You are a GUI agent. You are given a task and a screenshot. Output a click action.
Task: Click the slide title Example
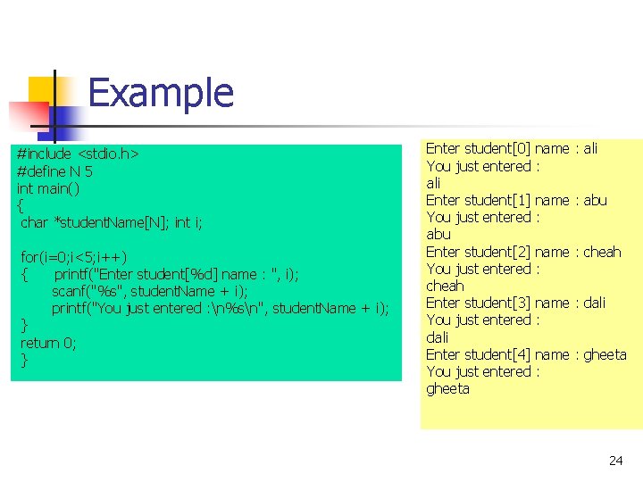click(x=161, y=93)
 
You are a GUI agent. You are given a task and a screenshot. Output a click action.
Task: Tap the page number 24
click(x=615, y=461)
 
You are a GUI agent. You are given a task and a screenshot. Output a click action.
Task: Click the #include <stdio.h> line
click(x=78, y=154)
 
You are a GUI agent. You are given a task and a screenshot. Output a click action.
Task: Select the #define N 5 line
click(x=54, y=171)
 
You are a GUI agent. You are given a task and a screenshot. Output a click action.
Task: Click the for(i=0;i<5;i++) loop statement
click(x=79, y=257)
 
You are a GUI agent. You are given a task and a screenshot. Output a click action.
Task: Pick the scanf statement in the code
click(x=150, y=291)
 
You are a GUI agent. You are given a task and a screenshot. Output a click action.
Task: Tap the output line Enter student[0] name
click(x=497, y=148)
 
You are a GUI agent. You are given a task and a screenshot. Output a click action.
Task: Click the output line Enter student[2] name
click(x=497, y=252)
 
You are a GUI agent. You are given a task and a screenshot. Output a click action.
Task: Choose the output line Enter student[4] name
click(x=497, y=354)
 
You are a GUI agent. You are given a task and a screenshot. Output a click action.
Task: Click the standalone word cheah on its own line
click(x=445, y=286)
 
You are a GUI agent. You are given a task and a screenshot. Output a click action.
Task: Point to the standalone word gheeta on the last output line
click(x=447, y=389)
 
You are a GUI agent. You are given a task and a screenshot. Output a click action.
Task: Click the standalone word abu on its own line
click(x=438, y=235)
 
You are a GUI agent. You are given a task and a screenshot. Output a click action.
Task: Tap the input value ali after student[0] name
click(x=590, y=148)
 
